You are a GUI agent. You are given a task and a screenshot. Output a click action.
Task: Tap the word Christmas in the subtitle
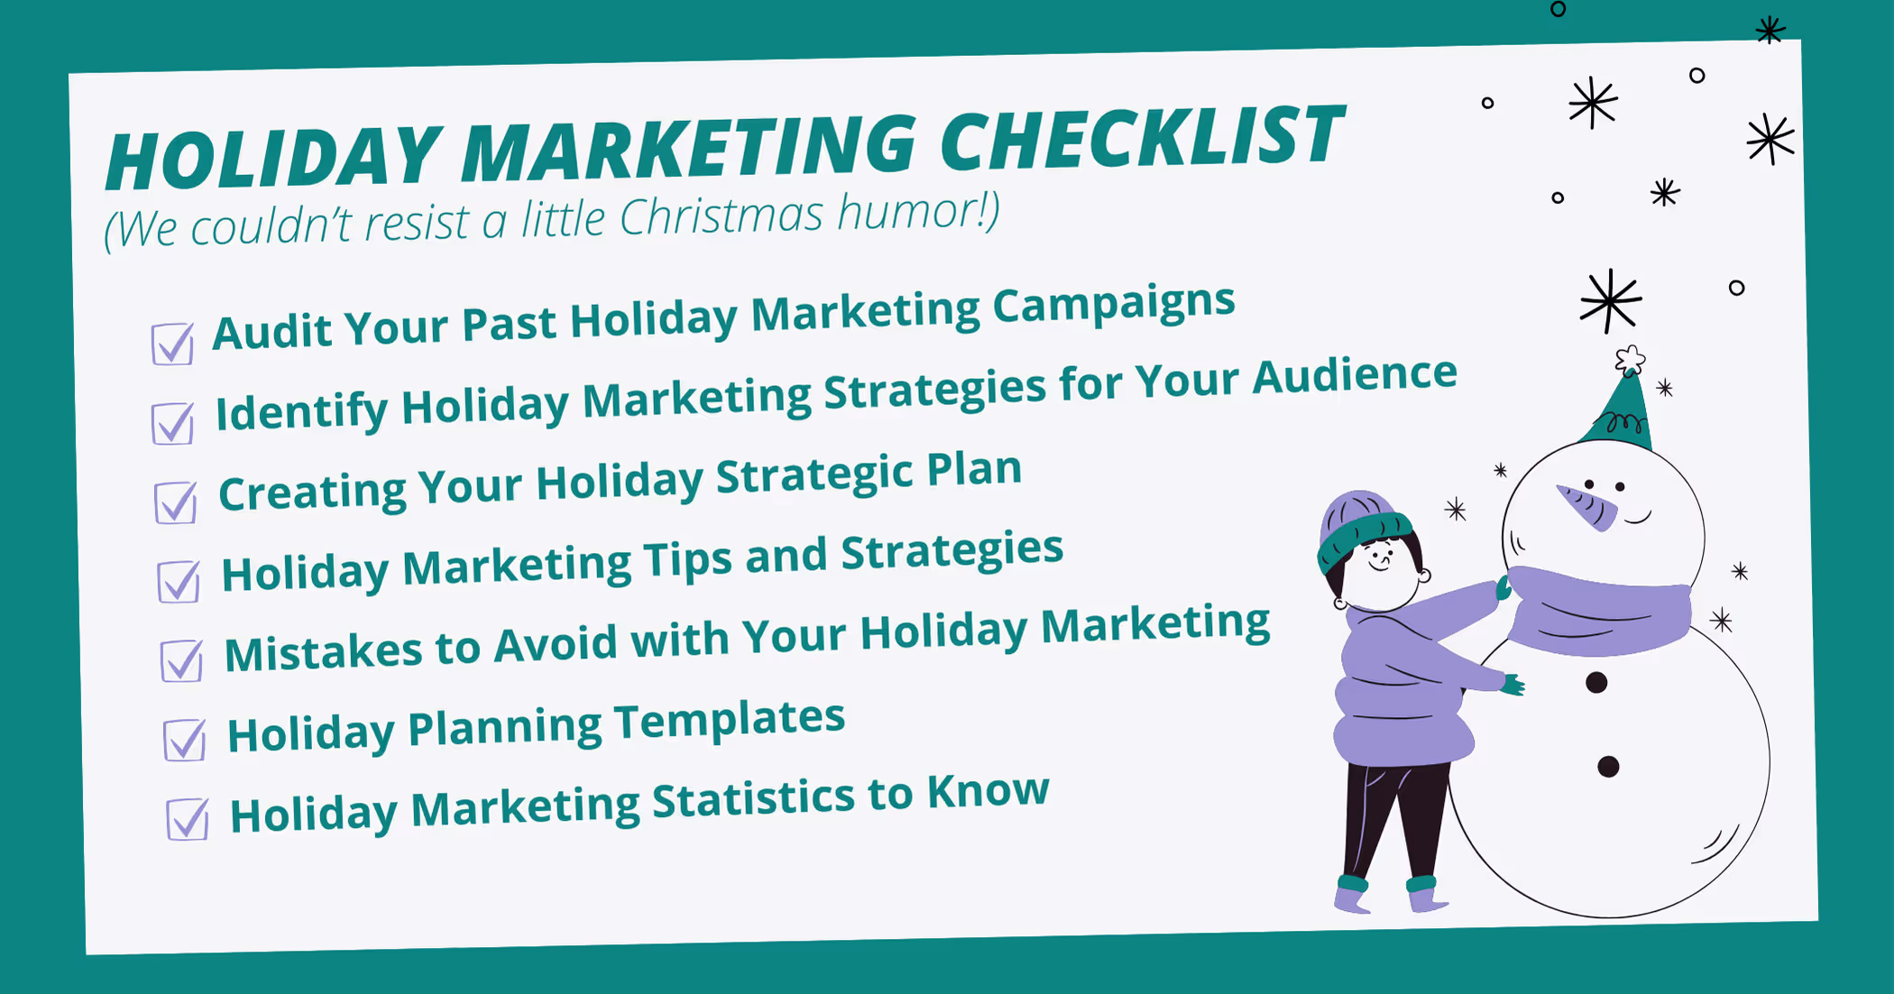click(x=722, y=217)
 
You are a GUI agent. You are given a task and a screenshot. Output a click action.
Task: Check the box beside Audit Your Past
click(x=172, y=344)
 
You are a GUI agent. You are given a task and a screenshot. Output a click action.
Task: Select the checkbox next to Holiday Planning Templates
click(x=184, y=740)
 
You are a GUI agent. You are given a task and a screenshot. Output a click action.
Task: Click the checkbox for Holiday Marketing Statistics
click(x=188, y=819)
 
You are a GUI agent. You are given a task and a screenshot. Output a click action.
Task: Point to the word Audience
click(x=1355, y=375)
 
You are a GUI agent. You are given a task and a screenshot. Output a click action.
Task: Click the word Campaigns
click(x=1114, y=305)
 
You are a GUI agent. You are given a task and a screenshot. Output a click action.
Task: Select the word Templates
click(x=730, y=721)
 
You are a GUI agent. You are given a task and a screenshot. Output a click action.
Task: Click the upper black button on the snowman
click(x=1596, y=683)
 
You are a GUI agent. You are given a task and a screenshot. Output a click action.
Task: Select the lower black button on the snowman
click(x=1608, y=767)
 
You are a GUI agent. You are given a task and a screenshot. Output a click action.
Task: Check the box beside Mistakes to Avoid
click(x=181, y=661)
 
